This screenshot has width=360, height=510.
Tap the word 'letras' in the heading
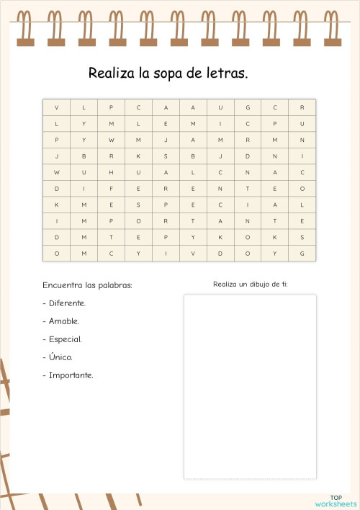click(x=228, y=73)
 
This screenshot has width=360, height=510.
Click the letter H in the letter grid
click(x=111, y=173)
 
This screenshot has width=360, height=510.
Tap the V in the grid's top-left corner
click(x=56, y=108)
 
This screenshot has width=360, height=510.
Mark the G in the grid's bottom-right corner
click(x=302, y=254)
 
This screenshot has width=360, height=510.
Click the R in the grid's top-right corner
click(x=302, y=108)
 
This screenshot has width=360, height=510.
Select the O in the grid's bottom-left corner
click(x=56, y=254)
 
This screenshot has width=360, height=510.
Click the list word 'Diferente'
click(x=68, y=303)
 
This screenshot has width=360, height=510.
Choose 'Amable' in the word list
click(x=64, y=321)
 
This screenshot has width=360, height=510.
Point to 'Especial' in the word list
click(x=66, y=339)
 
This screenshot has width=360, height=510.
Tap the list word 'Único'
click(x=60, y=357)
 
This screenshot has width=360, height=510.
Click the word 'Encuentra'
click(x=61, y=285)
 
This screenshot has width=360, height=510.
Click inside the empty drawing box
click(x=249, y=386)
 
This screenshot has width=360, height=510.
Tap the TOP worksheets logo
click(x=336, y=500)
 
